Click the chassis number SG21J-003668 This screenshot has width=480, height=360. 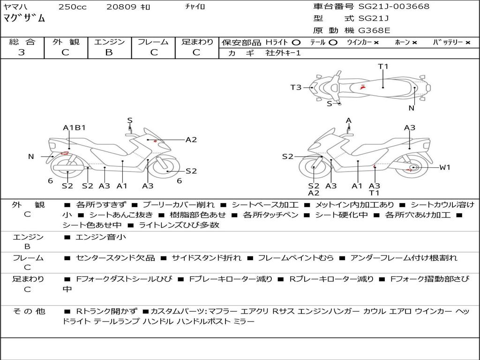coord(394,7)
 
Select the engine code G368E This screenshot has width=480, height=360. coord(374,30)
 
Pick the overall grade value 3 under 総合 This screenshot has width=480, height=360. coord(22,52)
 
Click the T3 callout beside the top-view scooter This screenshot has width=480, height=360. coord(296,87)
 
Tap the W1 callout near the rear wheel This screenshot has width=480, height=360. coord(444,167)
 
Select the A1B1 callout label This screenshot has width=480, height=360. coord(74,127)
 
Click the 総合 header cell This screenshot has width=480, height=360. coord(22,42)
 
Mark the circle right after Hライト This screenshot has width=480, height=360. coord(296,42)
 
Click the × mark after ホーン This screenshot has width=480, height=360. coord(414,42)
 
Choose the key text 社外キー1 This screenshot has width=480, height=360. coord(283,53)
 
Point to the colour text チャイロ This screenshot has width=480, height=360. coord(195,7)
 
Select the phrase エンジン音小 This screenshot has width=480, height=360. coord(100,237)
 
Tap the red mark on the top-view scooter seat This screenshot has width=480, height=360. coord(362,87)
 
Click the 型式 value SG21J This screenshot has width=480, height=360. coord(374,19)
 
